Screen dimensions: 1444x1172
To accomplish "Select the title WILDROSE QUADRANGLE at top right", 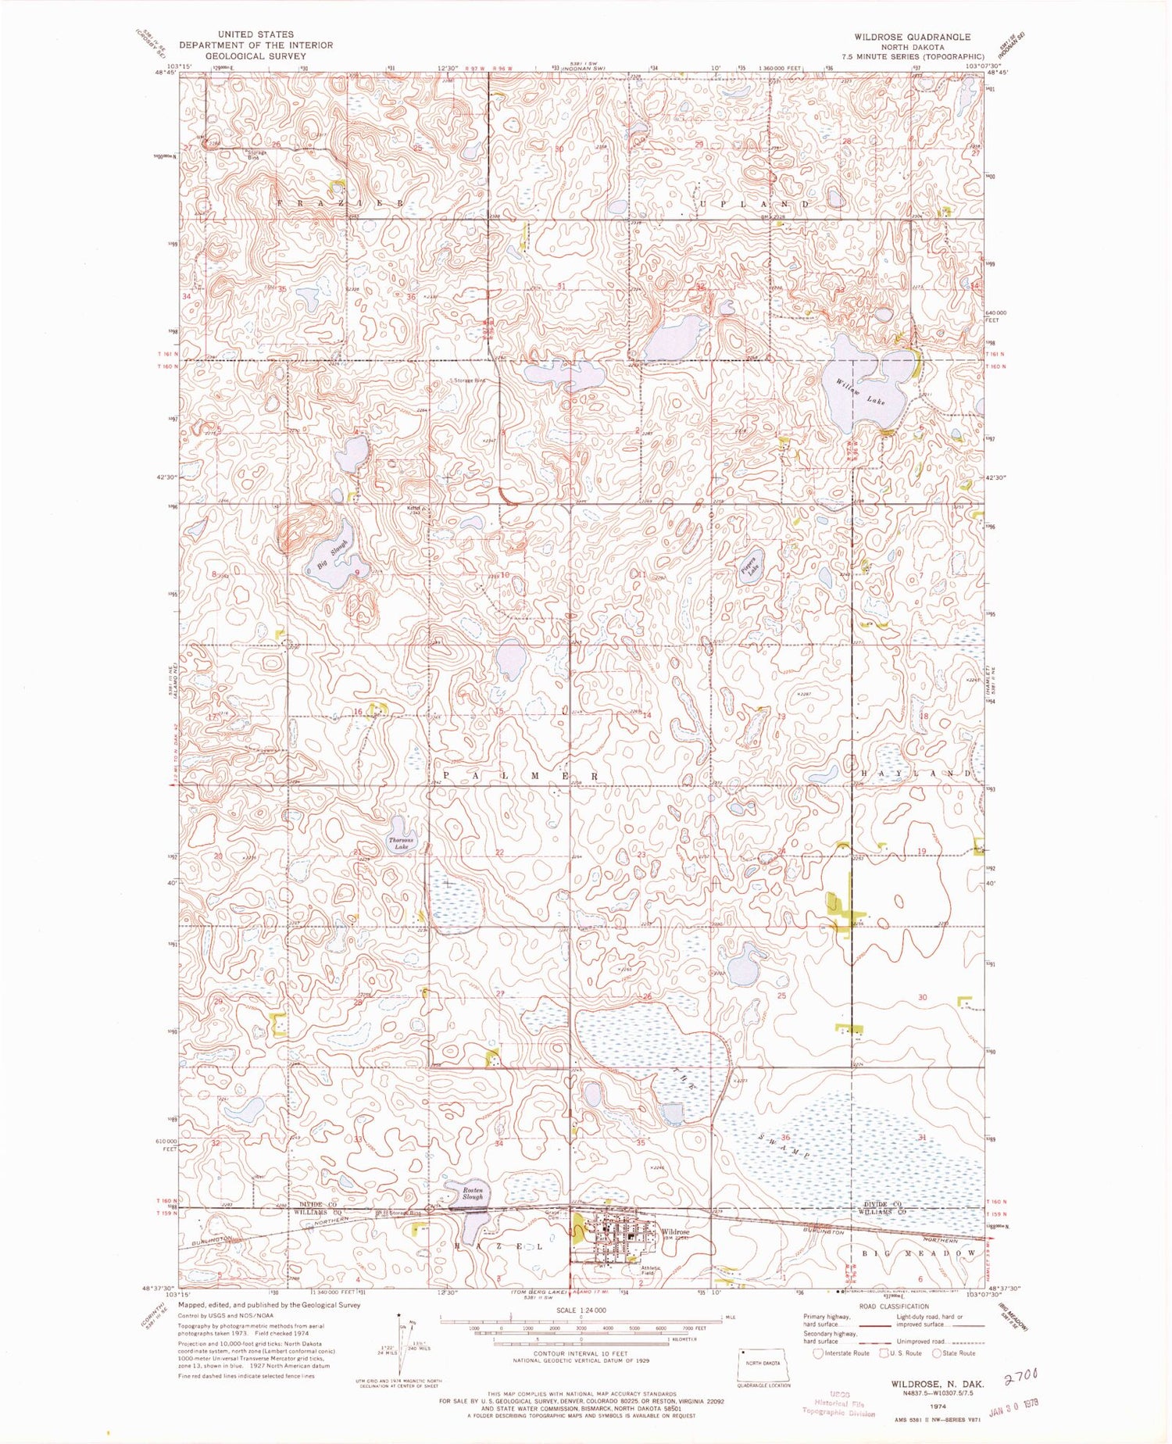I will (x=912, y=37).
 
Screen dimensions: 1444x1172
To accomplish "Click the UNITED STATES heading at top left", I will (x=256, y=34).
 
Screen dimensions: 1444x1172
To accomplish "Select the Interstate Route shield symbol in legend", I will (x=818, y=1353).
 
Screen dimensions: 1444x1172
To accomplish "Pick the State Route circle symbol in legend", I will (x=937, y=1353).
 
